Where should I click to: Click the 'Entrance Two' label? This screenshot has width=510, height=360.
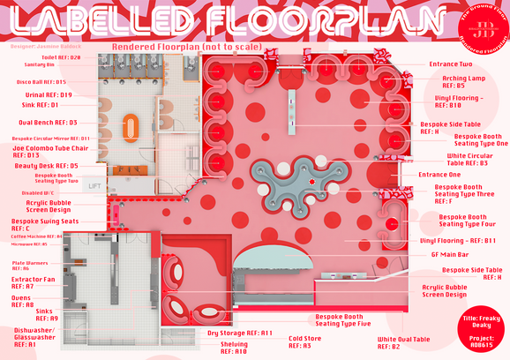450,64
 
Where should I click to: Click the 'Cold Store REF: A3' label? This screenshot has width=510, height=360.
305,341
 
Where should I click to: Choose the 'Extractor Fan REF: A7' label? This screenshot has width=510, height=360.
34,282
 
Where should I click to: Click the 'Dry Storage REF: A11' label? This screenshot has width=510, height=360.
239,333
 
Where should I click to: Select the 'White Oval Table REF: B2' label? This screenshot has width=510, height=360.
403,342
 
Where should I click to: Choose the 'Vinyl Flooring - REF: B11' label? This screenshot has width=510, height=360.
458,240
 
